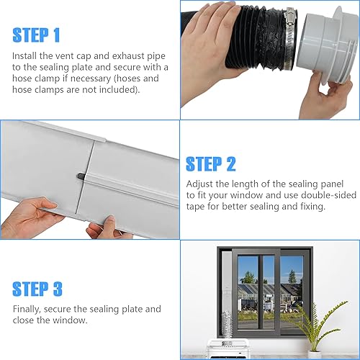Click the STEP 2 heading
[x=210, y=164]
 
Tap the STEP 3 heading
[x=37, y=288]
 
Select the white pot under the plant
[x=315, y=354]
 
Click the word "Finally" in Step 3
[x=27, y=309]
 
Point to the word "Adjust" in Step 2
[x=201, y=184]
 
